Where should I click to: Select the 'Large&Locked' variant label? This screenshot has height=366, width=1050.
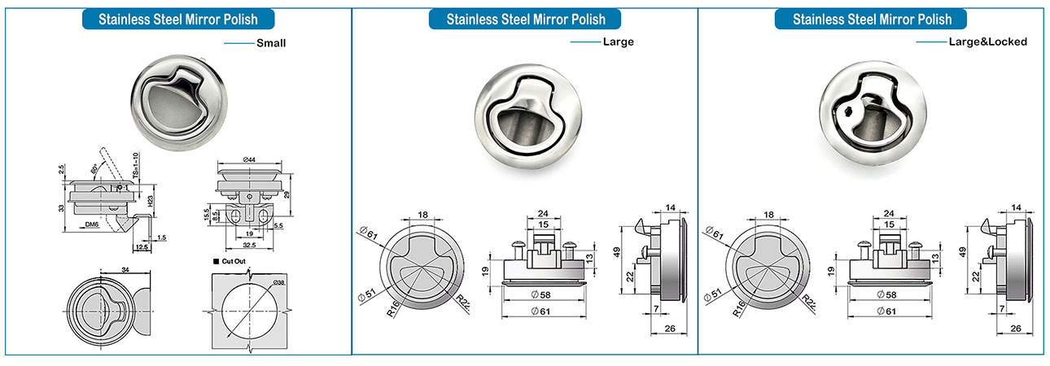987,41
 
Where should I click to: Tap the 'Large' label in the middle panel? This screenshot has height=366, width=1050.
618,41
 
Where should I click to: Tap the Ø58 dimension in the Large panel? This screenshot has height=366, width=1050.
543,294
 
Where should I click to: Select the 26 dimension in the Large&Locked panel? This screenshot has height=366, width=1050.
1015,329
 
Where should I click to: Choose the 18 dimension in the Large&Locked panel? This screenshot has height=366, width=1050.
768,215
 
